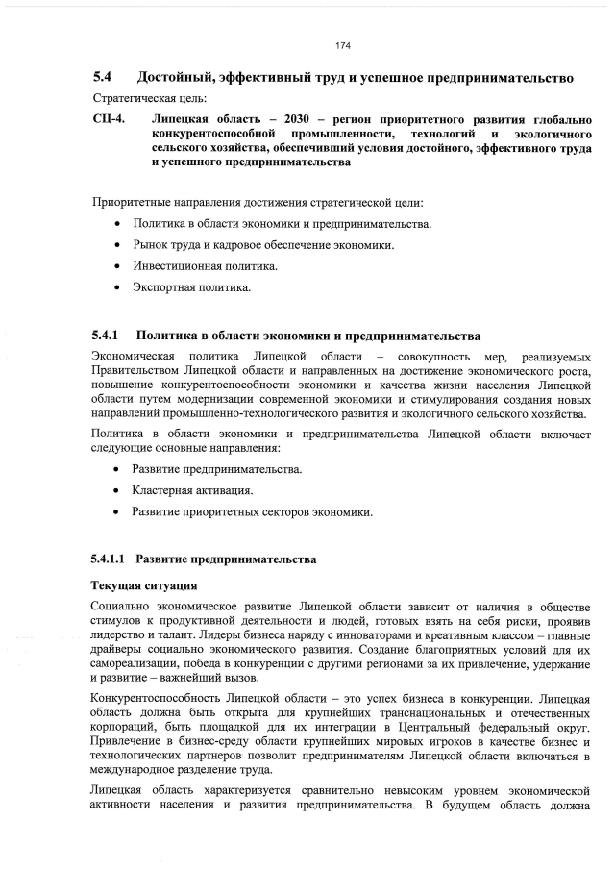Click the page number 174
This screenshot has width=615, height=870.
342,45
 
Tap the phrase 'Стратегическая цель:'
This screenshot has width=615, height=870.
138,98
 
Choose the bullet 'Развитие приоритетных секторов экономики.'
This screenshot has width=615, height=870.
252,512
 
